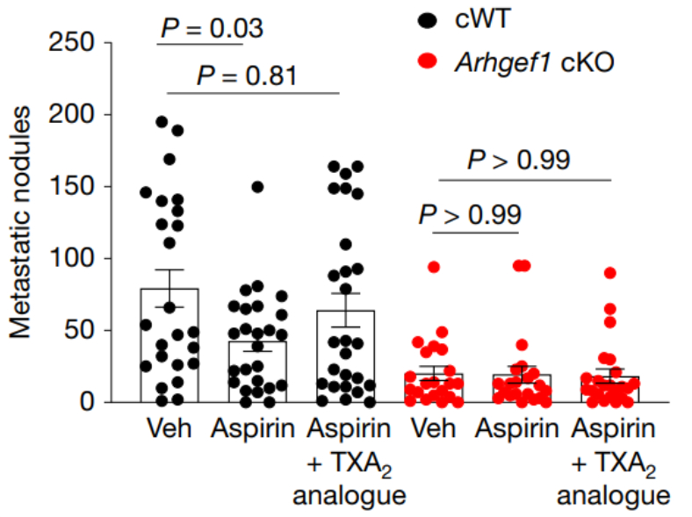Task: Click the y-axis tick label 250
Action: coord(75,42)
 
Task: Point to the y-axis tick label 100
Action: coord(75,258)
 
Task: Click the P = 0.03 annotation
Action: coord(211,28)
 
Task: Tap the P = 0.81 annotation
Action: coord(246,75)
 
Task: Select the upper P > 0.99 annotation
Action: coord(518,160)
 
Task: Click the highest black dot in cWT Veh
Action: coord(162,122)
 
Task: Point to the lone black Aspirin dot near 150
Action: coord(258,187)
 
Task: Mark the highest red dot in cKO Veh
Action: coord(433,267)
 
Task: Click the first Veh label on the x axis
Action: coord(169,430)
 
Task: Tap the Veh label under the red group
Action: coord(433,430)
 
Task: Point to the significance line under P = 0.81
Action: coord(252,92)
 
